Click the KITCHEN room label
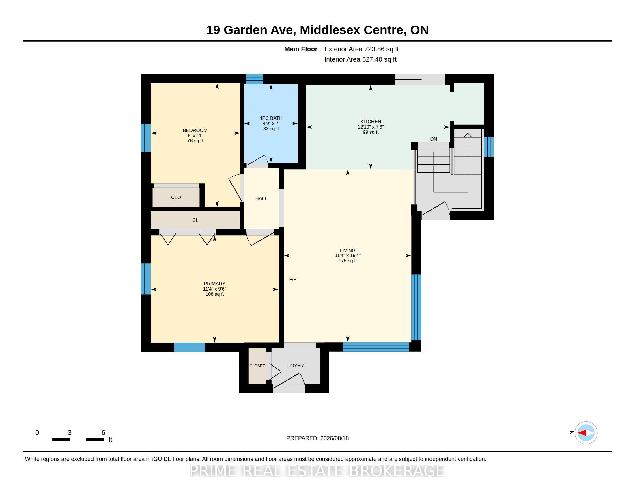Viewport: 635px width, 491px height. point(370,122)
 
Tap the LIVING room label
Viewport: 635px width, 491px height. point(348,250)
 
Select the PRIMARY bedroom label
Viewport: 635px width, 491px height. point(214,284)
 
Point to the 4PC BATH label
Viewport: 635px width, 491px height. point(271,118)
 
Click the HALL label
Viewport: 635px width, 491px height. point(261,198)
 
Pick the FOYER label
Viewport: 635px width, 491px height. point(295,366)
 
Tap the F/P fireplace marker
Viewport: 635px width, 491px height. point(292,279)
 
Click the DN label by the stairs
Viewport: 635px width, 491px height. point(434,139)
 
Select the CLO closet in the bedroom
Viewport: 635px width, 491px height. point(176,197)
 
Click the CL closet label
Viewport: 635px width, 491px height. point(195,220)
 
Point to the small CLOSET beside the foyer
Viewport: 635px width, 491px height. point(257,366)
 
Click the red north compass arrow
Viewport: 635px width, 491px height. point(582,433)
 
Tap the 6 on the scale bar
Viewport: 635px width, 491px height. point(103,433)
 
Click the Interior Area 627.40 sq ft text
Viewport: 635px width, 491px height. point(360,59)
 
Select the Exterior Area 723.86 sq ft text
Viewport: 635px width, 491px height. point(361,49)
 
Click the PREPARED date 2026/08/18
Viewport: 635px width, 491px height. point(334,438)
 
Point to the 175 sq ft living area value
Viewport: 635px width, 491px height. point(348,261)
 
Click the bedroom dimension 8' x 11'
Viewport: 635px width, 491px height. point(195,135)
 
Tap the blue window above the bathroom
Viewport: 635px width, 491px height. point(254,79)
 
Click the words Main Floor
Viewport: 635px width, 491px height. point(301,49)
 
